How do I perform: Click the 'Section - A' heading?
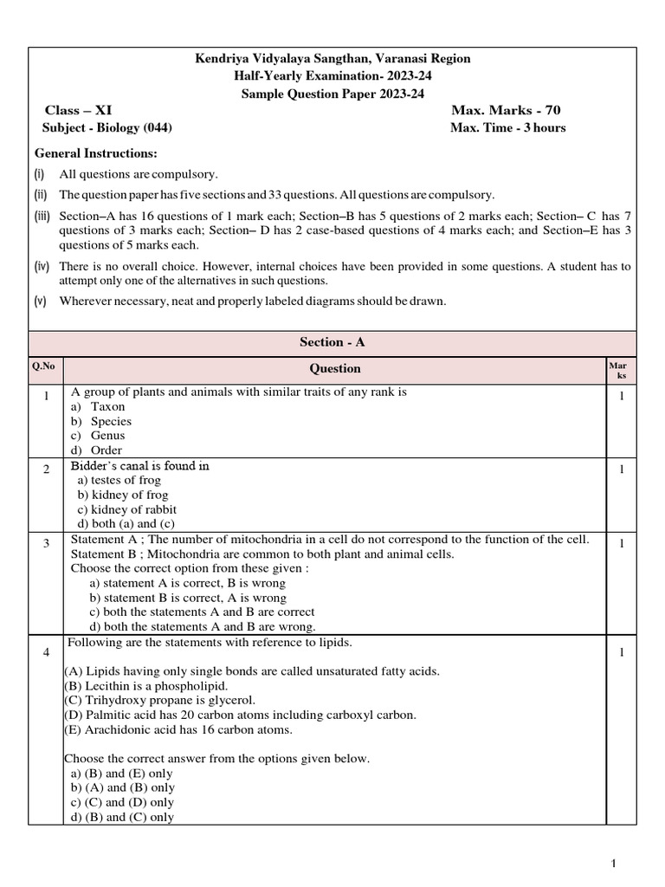tap(332, 342)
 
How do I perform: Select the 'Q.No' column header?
tap(43, 366)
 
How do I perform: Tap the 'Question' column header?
tap(335, 368)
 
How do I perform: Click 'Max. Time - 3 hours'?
tap(507, 128)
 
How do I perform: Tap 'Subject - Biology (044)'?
tap(107, 128)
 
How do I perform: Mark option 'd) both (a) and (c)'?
tap(126, 524)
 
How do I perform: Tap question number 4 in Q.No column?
tap(45, 652)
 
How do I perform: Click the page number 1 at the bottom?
tap(613, 863)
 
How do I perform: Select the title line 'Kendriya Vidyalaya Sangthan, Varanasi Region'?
tap(332, 58)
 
